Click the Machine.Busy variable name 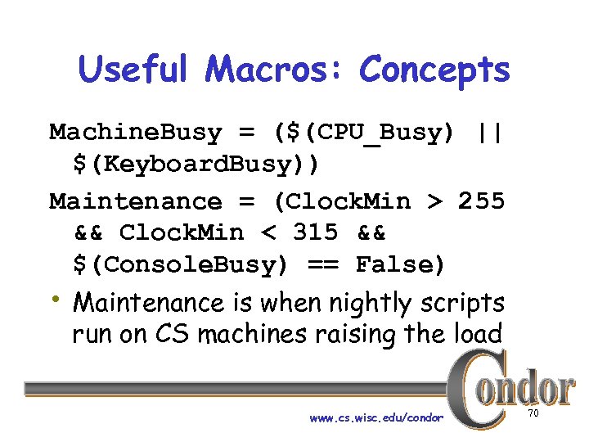pyautogui.click(x=136, y=133)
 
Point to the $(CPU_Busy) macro pyautogui.click(x=365, y=133)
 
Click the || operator pyautogui.click(x=490, y=133)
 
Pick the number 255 pyautogui.click(x=481, y=201)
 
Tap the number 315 pyautogui.click(x=315, y=232)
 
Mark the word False pyautogui.click(x=401, y=265)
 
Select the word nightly pyautogui.click(x=366, y=304)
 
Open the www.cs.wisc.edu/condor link pyautogui.click(x=376, y=417)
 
